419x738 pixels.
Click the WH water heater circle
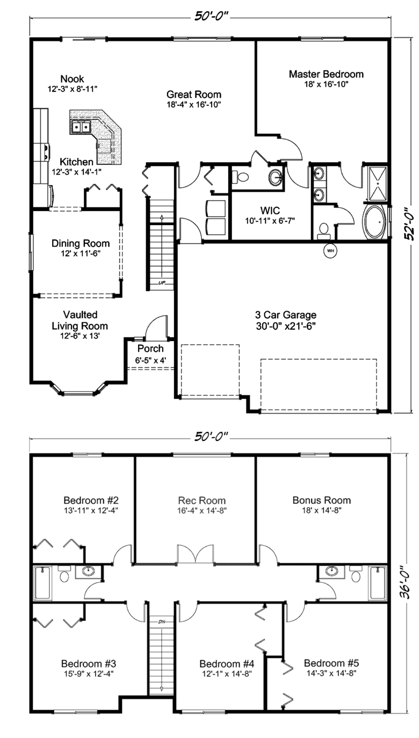click(330, 251)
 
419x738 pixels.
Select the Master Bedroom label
click(326, 74)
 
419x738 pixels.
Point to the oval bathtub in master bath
click(374, 222)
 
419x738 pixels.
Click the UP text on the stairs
click(162, 283)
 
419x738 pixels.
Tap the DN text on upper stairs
click(161, 622)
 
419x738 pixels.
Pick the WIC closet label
click(270, 210)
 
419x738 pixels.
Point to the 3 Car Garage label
click(286, 315)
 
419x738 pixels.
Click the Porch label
click(150, 349)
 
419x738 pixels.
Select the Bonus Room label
click(321, 500)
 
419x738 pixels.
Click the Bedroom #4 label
click(227, 663)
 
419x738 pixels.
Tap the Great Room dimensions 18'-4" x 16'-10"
click(194, 105)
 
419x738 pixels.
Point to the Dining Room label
click(81, 243)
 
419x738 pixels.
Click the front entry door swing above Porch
click(157, 328)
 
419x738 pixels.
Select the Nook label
click(72, 79)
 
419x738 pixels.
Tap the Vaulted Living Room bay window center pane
click(78, 393)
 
